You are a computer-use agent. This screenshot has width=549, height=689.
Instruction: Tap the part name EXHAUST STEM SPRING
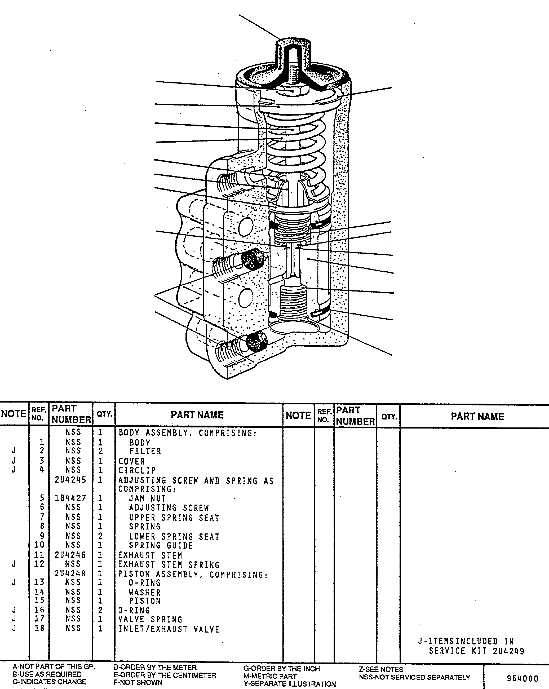tap(169, 565)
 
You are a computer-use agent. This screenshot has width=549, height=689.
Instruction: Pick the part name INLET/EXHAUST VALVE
tap(169, 629)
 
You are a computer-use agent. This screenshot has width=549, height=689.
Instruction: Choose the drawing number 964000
tap(523, 678)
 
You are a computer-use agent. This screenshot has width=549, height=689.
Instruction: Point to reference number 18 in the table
tap(39, 628)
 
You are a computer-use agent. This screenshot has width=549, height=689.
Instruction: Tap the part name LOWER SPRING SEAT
tap(174, 537)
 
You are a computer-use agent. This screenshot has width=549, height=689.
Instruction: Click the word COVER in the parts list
tap(132, 461)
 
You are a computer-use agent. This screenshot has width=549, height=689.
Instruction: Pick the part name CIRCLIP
tap(137, 470)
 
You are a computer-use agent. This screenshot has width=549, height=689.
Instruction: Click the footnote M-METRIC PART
tap(270, 676)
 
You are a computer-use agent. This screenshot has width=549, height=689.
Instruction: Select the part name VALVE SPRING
tap(150, 620)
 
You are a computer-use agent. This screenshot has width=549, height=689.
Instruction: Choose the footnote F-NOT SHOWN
tap(138, 682)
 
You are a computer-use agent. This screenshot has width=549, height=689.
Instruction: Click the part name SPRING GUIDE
tap(161, 546)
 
